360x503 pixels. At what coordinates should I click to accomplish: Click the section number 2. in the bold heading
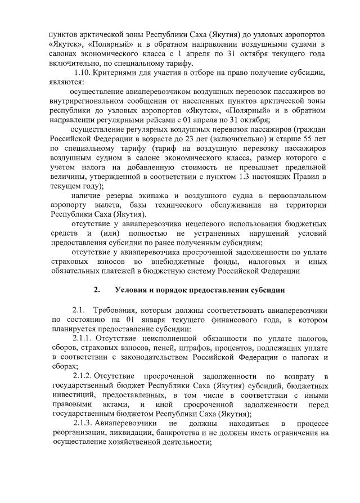[97, 290]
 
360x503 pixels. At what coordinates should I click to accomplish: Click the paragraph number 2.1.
[79, 310]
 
